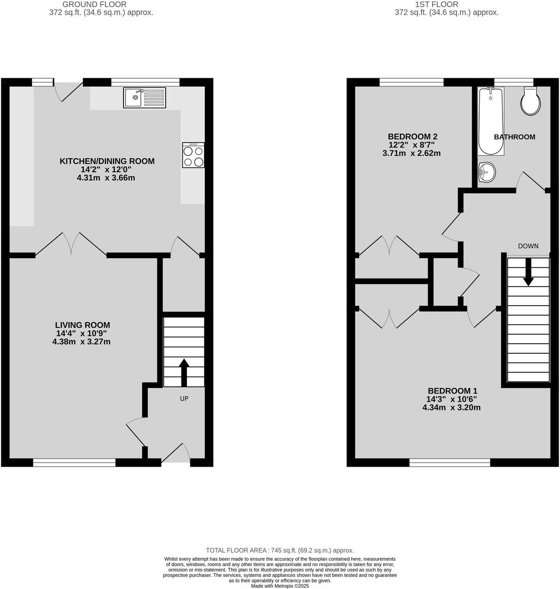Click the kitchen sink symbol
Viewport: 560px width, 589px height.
coord(144,97)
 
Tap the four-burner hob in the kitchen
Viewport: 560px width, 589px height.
coord(193,155)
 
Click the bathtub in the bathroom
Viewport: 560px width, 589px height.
coord(490,122)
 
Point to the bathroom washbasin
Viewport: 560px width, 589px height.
coord(487,173)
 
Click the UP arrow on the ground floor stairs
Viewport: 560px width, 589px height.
coord(184,372)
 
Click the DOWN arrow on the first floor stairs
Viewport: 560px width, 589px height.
coord(528,275)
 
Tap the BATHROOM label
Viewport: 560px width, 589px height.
coord(514,137)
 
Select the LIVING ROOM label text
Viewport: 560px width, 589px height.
coord(83,325)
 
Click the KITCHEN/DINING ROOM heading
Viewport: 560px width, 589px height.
coord(107,161)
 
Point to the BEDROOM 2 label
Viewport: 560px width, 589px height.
coord(412,137)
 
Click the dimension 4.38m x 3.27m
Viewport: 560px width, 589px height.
coord(81,342)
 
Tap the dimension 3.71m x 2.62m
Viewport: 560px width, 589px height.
coord(411,153)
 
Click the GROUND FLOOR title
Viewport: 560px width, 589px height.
coord(95,4)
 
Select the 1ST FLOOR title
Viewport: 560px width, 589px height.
coord(436,4)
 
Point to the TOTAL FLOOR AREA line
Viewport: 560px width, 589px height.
coord(280,551)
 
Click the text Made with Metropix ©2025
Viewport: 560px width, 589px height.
coord(280,586)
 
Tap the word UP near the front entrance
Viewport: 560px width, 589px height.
coord(184,398)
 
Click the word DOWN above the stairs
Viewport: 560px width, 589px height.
coord(528,246)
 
